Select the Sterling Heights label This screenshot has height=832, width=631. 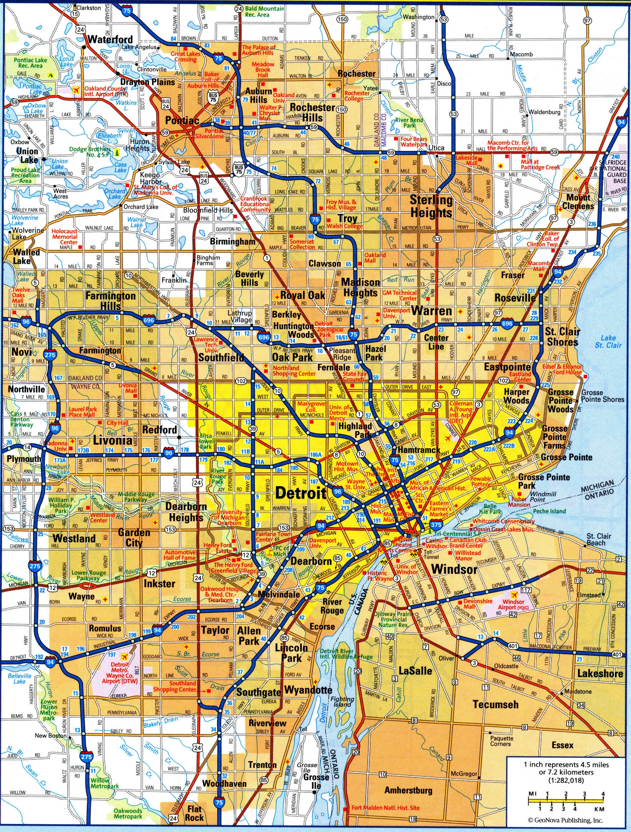pos(431,206)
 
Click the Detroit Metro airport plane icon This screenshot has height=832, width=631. pos(125,656)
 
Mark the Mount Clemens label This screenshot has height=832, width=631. pos(578,202)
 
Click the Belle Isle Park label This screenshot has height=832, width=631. pos(490,509)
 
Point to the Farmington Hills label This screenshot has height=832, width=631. pos(110,301)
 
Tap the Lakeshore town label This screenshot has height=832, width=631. pos(600,673)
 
